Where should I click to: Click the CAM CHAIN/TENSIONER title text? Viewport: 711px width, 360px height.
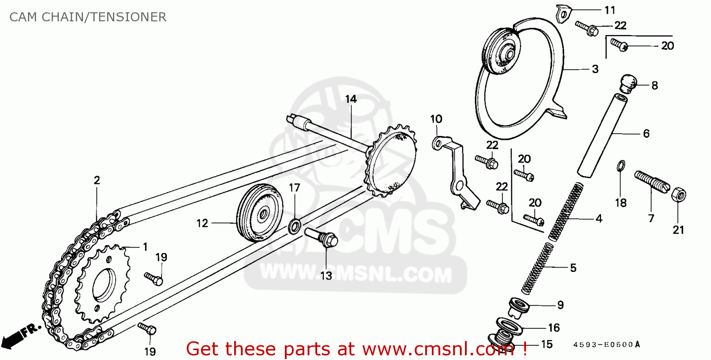tap(88, 18)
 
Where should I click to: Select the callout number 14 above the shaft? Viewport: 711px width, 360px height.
tap(350, 99)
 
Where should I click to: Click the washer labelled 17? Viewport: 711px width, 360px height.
tap(294, 225)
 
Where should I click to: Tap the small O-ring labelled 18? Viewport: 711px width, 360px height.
tap(620, 166)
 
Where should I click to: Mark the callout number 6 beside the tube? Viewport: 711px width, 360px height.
tap(646, 134)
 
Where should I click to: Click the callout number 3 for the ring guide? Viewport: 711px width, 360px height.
tap(595, 69)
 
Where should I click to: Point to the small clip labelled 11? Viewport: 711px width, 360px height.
tap(563, 14)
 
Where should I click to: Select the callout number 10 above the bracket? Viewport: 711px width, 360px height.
tap(436, 118)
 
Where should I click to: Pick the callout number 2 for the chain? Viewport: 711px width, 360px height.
tap(97, 180)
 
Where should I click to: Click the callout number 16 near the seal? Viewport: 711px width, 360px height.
tap(554, 327)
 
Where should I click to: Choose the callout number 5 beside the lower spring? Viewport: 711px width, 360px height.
tap(573, 268)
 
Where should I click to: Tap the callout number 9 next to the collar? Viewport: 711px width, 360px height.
tap(560, 305)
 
